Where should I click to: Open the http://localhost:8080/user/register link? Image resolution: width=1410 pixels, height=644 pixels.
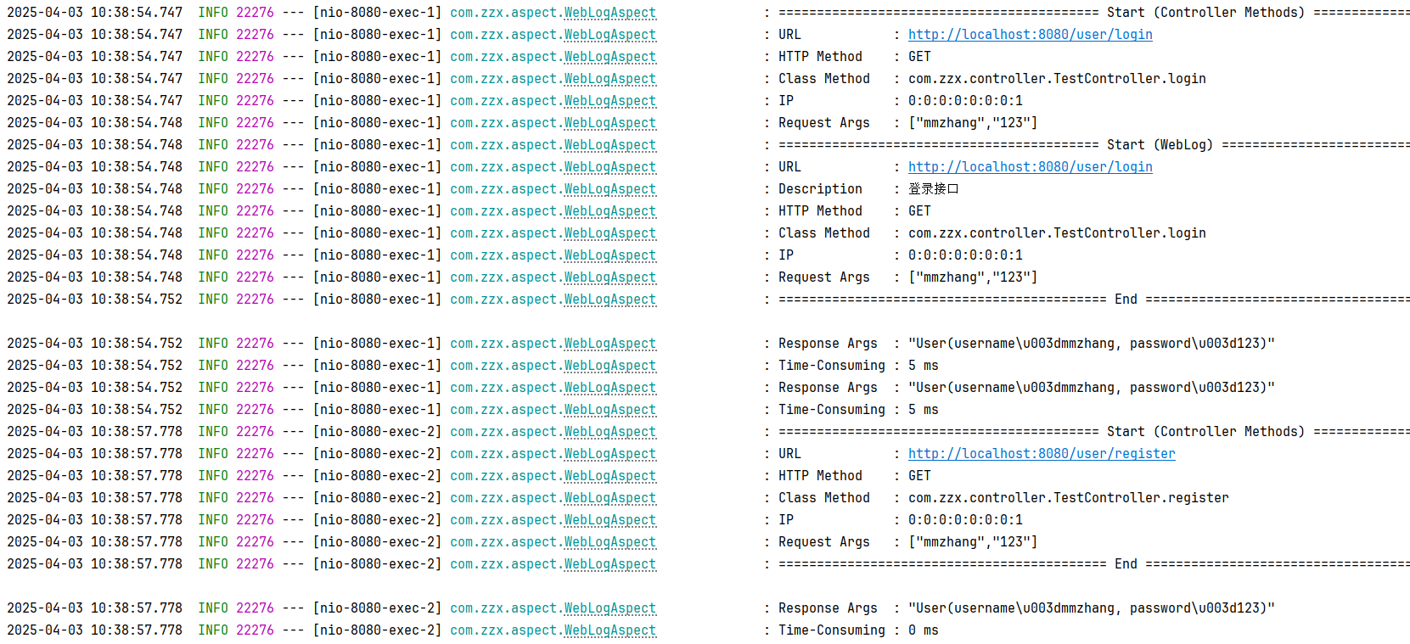pos(1042,454)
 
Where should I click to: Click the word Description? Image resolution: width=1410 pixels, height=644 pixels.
pos(820,189)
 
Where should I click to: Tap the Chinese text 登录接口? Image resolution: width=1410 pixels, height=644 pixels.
pos(933,189)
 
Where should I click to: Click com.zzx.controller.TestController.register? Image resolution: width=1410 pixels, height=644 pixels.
pos(1068,498)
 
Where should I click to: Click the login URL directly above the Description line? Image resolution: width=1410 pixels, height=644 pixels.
pos(1030,167)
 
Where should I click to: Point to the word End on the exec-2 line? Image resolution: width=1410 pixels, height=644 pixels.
pos(1126,564)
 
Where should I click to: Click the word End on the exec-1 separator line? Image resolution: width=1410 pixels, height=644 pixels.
pos(1126,300)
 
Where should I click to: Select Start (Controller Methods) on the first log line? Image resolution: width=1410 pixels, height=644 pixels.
pos(1205,13)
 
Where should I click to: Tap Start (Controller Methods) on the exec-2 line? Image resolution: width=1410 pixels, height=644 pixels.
pos(1205,432)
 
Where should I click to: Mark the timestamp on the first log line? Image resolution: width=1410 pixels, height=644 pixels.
pos(94,13)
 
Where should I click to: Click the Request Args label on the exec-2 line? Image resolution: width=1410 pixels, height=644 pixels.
pos(823,542)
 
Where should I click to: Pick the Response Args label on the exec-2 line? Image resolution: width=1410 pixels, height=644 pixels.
pos(828,608)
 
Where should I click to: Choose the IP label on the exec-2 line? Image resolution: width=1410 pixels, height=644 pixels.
pos(786,520)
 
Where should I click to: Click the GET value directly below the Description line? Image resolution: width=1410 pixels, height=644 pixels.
pos(919,211)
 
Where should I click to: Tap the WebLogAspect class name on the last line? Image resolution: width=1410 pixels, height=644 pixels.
pos(610,630)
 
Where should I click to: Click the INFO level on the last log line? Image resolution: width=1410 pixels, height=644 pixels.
pos(213,630)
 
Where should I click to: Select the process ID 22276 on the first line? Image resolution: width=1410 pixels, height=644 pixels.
pos(255,13)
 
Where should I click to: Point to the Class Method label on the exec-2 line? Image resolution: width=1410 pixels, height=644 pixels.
pos(823,498)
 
